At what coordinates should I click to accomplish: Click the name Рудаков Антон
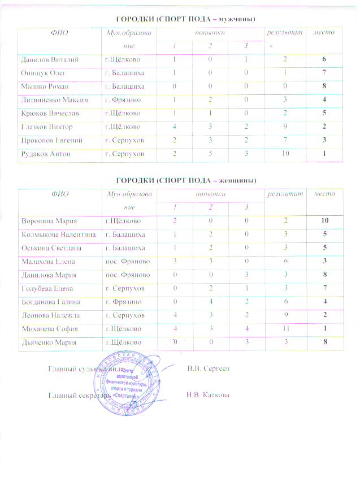pos(43,154)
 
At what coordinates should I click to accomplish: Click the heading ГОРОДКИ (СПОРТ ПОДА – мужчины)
pos(186,19)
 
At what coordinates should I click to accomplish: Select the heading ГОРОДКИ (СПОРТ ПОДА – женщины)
pos(186,180)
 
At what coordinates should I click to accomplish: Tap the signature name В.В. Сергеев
pos(209,368)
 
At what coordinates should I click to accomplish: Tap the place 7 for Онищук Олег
pos(324,72)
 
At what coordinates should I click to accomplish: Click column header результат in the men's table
pos(277,32)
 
